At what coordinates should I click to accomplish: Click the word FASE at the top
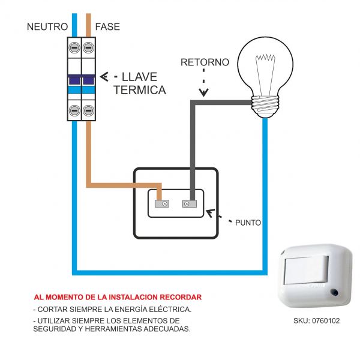tap(107, 27)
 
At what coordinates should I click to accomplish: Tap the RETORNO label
tap(204, 62)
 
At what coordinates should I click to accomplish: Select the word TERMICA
tap(140, 91)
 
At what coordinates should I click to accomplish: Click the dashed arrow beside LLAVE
tap(106, 77)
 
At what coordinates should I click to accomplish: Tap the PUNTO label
tap(248, 222)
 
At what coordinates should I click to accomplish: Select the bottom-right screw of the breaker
tap(89, 110)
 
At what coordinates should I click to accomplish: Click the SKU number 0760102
tap(325, 321)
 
